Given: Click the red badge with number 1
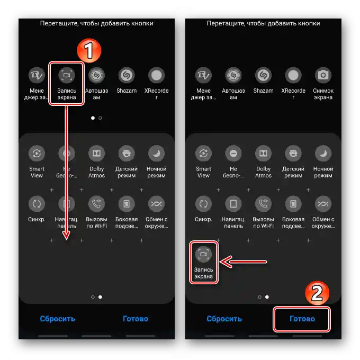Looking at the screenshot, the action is click(89, 50).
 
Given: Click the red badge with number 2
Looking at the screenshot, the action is click(317, 293).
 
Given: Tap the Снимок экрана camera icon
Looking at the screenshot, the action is click(323, 75).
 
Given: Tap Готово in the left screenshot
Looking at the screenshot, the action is click(136, 319).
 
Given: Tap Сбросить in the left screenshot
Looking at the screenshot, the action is click(57, 319).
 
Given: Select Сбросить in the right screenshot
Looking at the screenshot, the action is click(224, 319).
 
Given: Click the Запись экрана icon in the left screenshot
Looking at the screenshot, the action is click(67, 75).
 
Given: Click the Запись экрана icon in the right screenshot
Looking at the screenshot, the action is click(203, 254).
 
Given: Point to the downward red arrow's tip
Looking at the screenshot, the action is click(66, 239).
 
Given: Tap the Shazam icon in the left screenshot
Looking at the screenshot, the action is click(127, 75).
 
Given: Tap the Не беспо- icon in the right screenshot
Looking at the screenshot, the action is click(233, 153).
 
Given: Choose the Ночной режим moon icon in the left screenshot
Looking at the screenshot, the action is click(156, 153).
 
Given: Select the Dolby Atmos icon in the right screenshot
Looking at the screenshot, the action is click(263, 153).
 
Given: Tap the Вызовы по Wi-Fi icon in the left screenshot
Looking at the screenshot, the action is click(97, 204).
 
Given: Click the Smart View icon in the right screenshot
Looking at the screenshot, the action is click(203, 153).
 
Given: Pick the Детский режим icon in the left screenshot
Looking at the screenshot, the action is click(127, 153).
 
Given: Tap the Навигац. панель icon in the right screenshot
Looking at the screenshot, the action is click(233, 204).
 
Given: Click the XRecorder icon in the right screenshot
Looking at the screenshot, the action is click(293, 75).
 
